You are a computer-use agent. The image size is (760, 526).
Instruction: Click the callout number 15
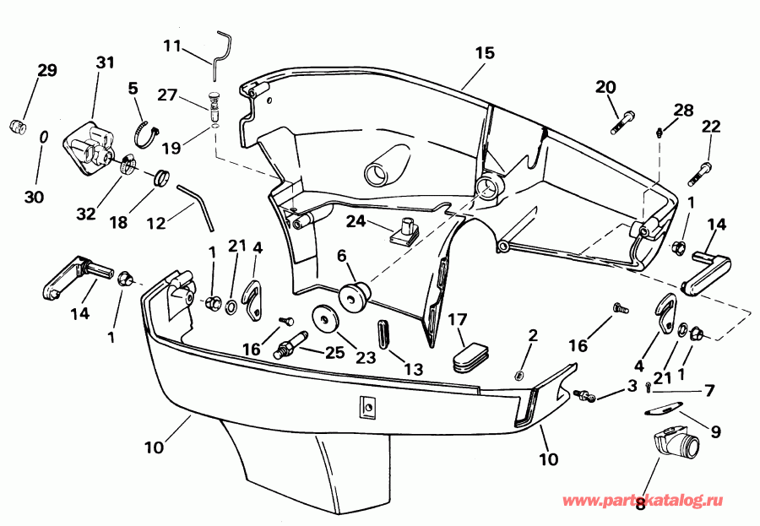(x=484, y=52)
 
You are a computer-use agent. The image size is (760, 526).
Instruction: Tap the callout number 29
(x=47, y=71)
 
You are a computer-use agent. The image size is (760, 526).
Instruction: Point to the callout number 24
(x=356, y=222)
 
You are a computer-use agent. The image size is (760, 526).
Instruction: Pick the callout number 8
(x=640, y=504)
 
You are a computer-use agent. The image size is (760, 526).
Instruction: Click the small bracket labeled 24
(x=406, y=230)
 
